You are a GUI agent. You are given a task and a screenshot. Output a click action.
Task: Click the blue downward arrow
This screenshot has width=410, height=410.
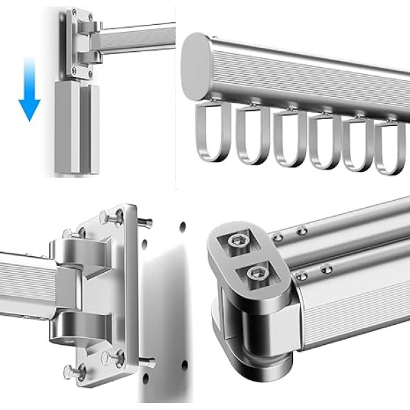click(29, 90)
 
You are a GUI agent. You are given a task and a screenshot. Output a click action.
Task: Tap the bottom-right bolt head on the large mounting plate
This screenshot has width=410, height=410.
click(111, 356)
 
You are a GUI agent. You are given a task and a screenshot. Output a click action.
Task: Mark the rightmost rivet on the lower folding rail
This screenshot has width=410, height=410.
click(326, 269)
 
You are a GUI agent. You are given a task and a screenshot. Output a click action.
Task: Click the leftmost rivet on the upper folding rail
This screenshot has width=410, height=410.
click(278, 237)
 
